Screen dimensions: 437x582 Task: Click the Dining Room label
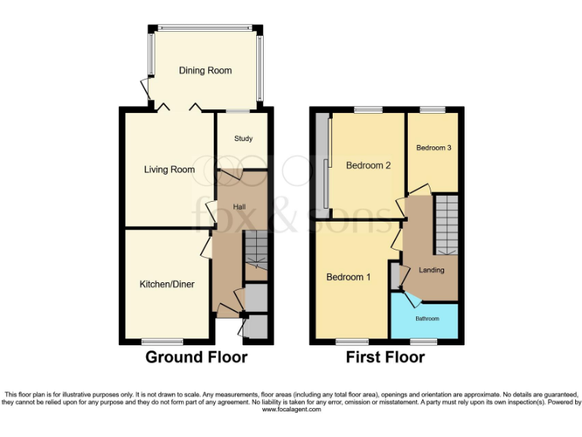205,71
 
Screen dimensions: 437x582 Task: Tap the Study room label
242,139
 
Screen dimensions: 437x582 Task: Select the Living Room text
169,170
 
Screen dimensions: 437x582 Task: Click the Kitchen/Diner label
167,285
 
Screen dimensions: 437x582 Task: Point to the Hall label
239,206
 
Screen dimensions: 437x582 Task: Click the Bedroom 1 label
348,278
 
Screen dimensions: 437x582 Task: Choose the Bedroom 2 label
368,165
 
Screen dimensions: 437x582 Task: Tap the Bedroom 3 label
433,148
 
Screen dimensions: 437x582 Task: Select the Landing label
431,270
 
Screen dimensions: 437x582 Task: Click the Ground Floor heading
196,357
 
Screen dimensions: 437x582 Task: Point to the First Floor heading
385,357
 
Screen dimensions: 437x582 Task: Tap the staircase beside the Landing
447,225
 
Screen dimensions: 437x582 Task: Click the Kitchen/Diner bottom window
162,341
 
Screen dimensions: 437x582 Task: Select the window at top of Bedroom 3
433,110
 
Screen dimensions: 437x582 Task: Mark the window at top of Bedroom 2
368,110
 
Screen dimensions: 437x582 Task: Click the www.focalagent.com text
291,410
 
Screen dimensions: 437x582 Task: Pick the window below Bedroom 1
352,341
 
